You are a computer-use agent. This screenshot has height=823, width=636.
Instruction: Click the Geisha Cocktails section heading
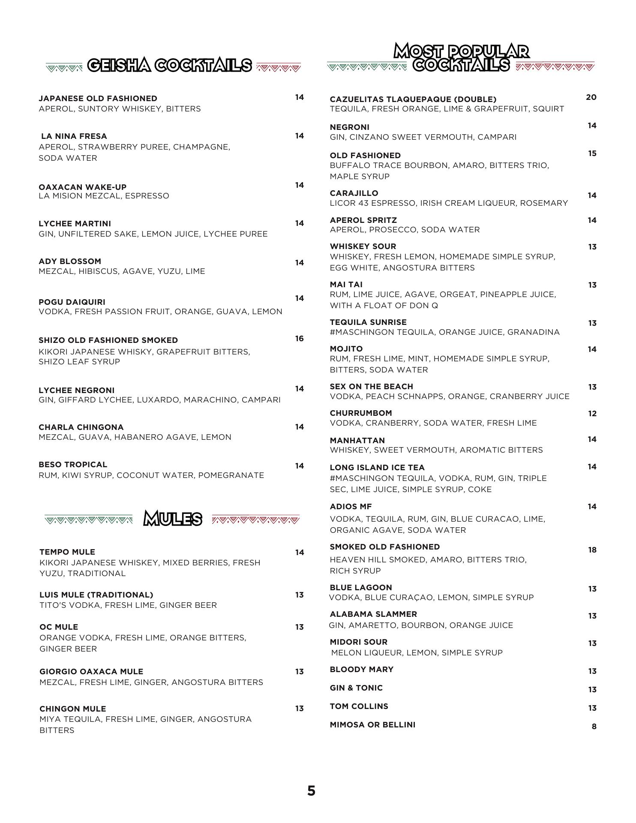tap(170, 65)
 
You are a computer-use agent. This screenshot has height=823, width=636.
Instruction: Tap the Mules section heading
tap(172, 518)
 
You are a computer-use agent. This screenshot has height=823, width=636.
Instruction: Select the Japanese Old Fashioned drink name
tap(98, 99)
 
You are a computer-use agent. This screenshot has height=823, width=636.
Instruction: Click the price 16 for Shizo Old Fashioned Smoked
tap(299, 339)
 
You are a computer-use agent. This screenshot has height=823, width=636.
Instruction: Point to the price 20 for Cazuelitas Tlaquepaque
tap(591, 97)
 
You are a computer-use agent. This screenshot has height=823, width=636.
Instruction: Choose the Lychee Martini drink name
tap(75, 224)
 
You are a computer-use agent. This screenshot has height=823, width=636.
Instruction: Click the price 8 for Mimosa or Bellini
tap(594, 727)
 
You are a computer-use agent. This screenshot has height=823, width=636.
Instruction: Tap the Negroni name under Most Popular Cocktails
tap(349, 127)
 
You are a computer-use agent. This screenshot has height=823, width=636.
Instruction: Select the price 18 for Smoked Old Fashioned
tap(592, 550)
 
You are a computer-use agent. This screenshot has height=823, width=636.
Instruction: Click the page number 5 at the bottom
tap(311, 791)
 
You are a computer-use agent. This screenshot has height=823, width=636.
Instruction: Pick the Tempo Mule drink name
tap(67, 552)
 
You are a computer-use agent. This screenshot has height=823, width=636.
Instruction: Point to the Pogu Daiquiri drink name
tap(72, 302)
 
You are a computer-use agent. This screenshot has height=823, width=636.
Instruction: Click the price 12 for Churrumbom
tap(592, 414)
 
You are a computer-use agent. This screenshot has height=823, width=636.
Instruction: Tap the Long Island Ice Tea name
tap(377, 468)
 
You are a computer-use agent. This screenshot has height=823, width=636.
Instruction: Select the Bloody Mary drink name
tap(361, 670)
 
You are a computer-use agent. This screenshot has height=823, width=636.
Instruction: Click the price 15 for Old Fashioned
tap(592, 153)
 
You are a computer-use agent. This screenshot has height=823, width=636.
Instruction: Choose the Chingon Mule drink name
tap(72, 709)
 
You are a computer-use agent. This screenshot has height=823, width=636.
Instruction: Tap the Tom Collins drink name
tap(359, 706)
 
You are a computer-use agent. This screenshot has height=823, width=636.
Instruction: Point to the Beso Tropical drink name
tap(73, 465)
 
